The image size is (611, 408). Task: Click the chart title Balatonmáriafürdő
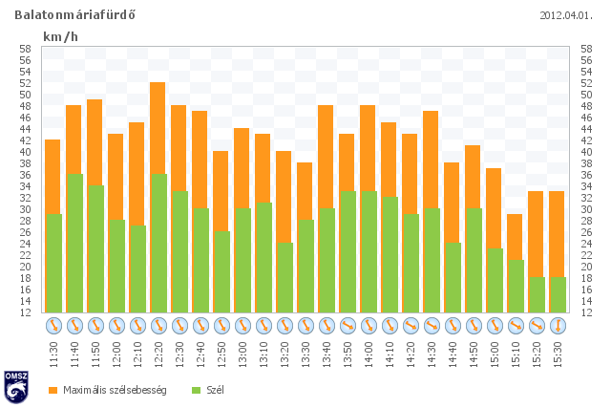(x=74, y=15)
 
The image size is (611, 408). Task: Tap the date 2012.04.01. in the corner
(x=566, y=16)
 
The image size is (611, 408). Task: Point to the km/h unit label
(x=60, y=36)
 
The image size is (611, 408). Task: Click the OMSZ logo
(x=16, y=387)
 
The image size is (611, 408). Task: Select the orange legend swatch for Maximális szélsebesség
(x=53, y=390)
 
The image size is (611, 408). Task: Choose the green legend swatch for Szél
(x=197, y=390)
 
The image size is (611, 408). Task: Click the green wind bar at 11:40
(x=74, y=244)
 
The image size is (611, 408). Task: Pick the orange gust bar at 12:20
(x=158, y=128)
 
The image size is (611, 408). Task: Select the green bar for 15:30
(x=558, y=295)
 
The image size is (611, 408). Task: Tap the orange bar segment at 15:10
(x=515, y=237)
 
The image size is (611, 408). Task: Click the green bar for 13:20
(x=285, y=278)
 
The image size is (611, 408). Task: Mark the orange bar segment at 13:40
(x=326, y=157)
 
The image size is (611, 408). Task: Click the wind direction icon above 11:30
(x=53, y=326)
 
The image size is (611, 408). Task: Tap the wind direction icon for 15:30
(x=558, y=326)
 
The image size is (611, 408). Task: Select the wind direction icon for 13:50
(x=348, y=326)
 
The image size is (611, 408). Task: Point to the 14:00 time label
(x=369, y=354)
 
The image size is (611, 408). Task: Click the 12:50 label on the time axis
(x=221, y=354)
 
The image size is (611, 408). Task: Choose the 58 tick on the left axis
(x=26, y=49)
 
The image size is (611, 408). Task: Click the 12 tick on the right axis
(x=586, y=312)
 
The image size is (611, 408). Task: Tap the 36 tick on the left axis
(x=26, y=175)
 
